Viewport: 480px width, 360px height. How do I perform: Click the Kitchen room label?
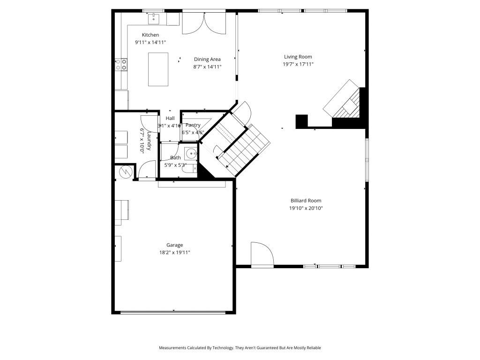(150, 35)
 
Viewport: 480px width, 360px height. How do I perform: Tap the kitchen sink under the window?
(154, 19)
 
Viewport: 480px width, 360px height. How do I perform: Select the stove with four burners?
(121, 64)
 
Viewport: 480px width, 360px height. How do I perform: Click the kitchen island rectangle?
(158, 69)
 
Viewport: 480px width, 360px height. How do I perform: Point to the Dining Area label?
(207, 60)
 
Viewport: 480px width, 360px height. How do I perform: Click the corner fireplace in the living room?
(345, 101)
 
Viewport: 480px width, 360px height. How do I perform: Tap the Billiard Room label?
(306, 201)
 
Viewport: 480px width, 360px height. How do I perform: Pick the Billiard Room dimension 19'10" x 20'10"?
(306, 208)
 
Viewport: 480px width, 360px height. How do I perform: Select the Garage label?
(174, 245)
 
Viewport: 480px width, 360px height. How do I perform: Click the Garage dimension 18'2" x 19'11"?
(174, 253)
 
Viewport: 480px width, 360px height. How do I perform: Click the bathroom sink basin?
(190, 153)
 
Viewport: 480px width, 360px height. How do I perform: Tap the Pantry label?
(193, 125)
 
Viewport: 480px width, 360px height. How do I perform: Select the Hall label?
(170, 118)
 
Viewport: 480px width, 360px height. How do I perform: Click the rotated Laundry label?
(149, 141)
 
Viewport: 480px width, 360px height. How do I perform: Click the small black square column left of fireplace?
(301, 121)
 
